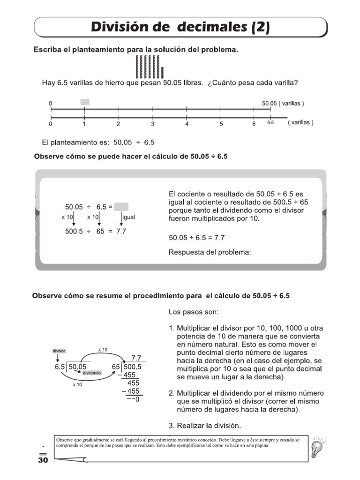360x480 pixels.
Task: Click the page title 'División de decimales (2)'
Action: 180,27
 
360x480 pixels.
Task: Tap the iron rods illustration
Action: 149,67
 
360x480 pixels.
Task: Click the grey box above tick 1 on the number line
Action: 85,102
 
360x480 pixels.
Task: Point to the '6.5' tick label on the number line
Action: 270,123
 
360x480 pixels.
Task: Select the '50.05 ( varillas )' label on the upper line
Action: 283,103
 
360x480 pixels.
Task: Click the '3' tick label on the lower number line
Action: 152,124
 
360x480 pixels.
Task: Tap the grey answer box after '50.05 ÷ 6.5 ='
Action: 121,207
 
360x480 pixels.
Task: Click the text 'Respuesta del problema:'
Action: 210,253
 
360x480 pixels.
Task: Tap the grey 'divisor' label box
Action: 59,351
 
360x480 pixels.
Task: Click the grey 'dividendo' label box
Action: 92,373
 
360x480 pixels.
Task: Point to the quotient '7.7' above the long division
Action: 136,358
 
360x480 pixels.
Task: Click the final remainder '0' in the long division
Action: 137,400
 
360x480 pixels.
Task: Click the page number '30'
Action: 43,460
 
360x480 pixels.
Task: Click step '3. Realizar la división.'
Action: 204,426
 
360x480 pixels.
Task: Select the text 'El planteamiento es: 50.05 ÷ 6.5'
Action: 98,142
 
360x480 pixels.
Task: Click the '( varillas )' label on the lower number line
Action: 300,123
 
